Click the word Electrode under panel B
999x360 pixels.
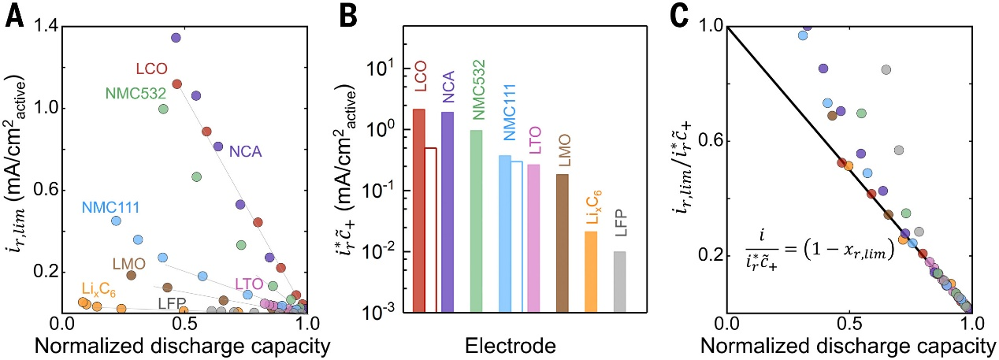point(515,344)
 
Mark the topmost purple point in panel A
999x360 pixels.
point(176,38)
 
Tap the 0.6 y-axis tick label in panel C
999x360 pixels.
point(707,142)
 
